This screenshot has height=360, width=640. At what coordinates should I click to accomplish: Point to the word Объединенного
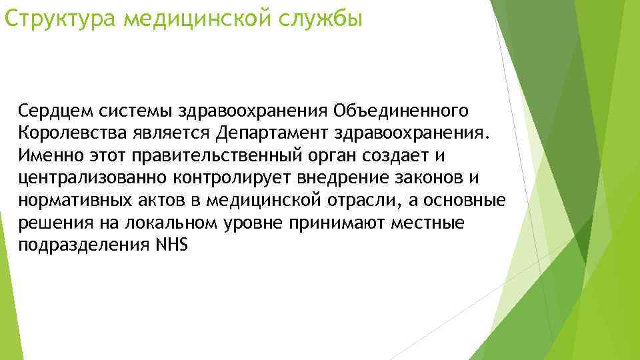pyautogui.click(x=401, y=109)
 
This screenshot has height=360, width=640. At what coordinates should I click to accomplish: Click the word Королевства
pyautogui.click(x=69, y=132)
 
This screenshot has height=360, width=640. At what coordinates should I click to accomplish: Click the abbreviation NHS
pyautogui.click(x=172, y=245)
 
